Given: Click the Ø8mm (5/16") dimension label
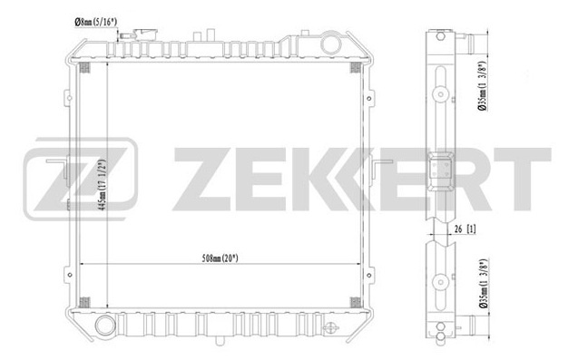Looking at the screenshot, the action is tap(95, 22).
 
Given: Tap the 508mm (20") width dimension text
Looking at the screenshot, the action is tap(220, 258).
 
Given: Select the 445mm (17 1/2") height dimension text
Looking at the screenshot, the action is tap(103, 185).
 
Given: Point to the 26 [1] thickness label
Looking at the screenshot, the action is tap(465, 229).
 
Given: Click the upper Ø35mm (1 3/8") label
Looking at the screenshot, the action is tap(484, 85).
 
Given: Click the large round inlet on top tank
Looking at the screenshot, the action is tap(331, 44).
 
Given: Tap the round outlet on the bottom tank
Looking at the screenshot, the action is tap(106, 325).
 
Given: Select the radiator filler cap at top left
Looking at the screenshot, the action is tap(145, 34).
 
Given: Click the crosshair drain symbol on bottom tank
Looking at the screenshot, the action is tap(330, 328).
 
